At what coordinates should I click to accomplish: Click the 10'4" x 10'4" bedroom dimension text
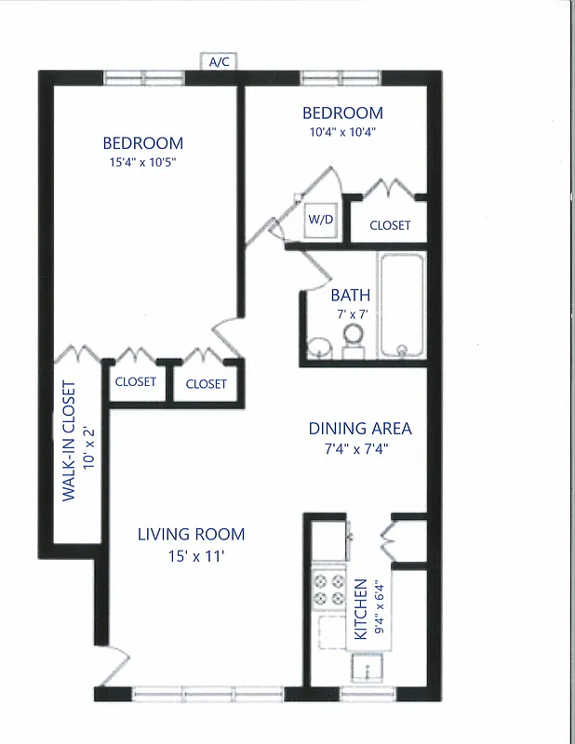342,132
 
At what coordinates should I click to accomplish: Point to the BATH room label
350,296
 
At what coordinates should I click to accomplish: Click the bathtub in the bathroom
402,303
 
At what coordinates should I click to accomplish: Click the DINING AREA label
360,429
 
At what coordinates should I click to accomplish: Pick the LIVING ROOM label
191,534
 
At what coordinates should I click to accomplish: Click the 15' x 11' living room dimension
191,556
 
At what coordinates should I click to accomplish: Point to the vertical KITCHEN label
360,609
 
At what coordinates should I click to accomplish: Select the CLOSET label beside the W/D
390,225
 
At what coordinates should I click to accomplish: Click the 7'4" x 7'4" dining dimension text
360,449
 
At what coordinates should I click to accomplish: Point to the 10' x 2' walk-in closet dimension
89,448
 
